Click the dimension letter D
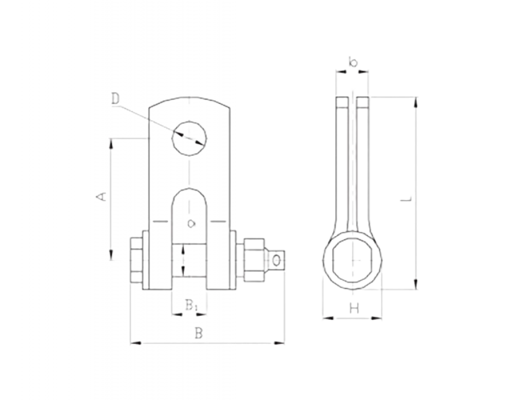click(x=115, y=98)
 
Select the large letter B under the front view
click(x=199, y=333)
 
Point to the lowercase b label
click(x=353, y=61)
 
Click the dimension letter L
click(x=406, y=198)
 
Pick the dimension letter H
click(x=354, y=307)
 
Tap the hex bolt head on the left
click(x=136, y=260)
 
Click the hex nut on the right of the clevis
click(x=254, y=260)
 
